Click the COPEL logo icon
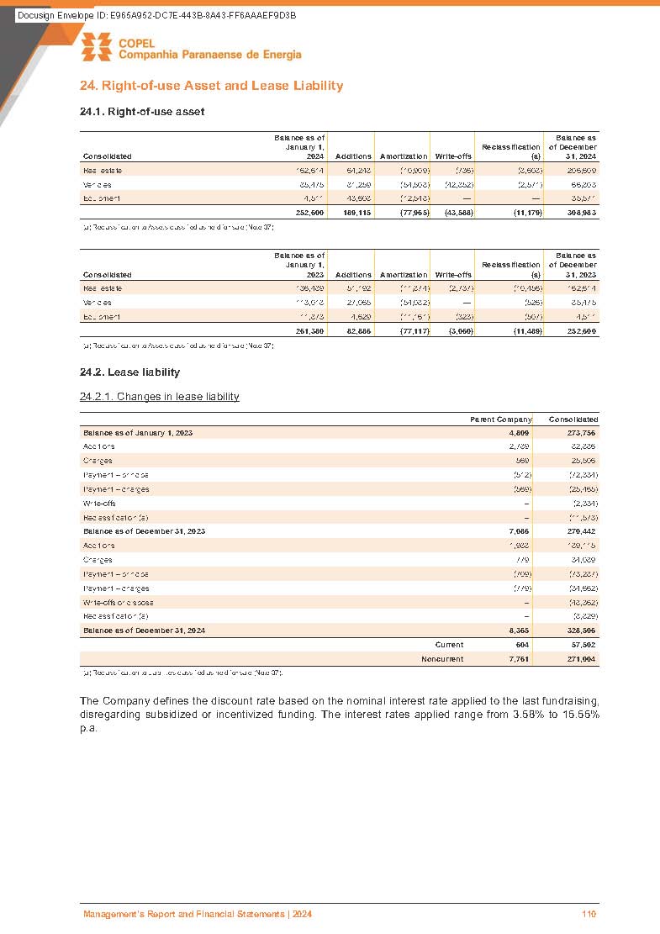(97, 47)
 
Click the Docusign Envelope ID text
(156, 17)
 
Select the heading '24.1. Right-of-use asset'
(142, 111)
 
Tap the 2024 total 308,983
(579, 213)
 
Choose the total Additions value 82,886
(355, 331)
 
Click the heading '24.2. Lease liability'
(129, 372)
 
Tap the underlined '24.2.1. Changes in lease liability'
(159, 397)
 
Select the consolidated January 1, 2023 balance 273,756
(579, 432)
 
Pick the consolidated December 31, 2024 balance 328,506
(579, 630)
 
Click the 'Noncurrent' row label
(441, 659)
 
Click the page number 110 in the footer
(589, 915)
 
